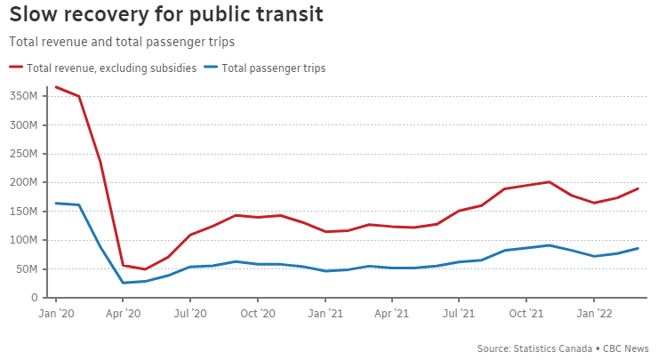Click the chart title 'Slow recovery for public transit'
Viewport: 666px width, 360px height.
pos(166,15)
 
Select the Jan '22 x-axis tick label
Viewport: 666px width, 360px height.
pos(594,313)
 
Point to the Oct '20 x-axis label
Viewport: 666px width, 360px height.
pos(257,313)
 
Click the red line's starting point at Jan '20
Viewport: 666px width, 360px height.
pos(56,87)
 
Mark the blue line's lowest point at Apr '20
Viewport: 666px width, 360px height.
pos(124,284)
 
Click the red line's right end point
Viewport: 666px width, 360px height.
pos(638,188)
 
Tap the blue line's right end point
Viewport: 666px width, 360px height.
pos(638,248)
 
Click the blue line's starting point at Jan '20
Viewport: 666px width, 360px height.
pos(56,204)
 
